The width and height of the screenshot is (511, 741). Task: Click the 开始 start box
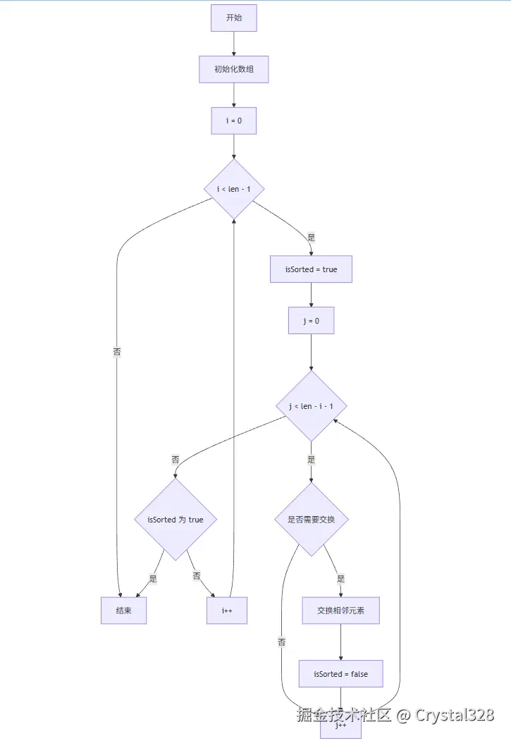coord(234,18)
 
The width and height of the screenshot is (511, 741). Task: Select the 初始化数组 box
coord(234,69)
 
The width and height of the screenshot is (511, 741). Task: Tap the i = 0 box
coord(234,121)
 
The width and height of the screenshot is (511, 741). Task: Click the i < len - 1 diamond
coord(234,189)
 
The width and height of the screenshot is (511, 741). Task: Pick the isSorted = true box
coord(311,269)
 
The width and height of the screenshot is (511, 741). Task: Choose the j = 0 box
coord(311,321)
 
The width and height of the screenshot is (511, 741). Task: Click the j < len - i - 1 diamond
coord(311,406)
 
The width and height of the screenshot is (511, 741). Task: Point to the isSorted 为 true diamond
coord(176,520)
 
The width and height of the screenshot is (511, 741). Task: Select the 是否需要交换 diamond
coord(311,520)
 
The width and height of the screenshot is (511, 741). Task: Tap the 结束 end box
coord(124,611)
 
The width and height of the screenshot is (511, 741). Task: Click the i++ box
coord(227,611)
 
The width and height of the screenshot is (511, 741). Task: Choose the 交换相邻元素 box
coord(341,611)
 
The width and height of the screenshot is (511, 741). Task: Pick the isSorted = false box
coord(341,674)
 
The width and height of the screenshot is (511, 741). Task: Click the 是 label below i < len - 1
coord(311,237)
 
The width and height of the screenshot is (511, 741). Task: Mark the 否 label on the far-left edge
coord(117,351)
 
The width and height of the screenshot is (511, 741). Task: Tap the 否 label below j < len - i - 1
coord(176,459)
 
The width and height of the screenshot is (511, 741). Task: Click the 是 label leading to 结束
coord(152,578)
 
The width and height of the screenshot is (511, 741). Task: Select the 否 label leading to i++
coord(197,577)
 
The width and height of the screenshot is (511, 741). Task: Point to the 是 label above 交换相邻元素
coord(341,578)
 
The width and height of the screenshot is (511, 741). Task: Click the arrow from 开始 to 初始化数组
coord(234,44)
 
